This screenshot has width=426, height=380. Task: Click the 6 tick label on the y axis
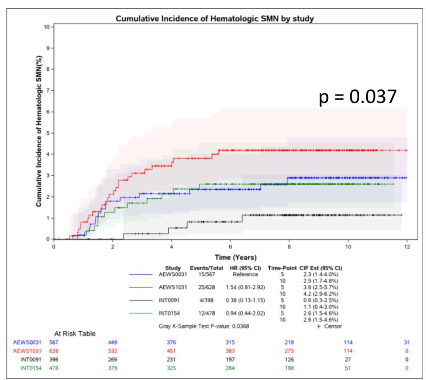click(47, 112)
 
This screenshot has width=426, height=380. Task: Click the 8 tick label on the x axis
click(289, 246)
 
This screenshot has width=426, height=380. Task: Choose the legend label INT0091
click(168, 300)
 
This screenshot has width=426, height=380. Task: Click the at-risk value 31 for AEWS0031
click(407, 342)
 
